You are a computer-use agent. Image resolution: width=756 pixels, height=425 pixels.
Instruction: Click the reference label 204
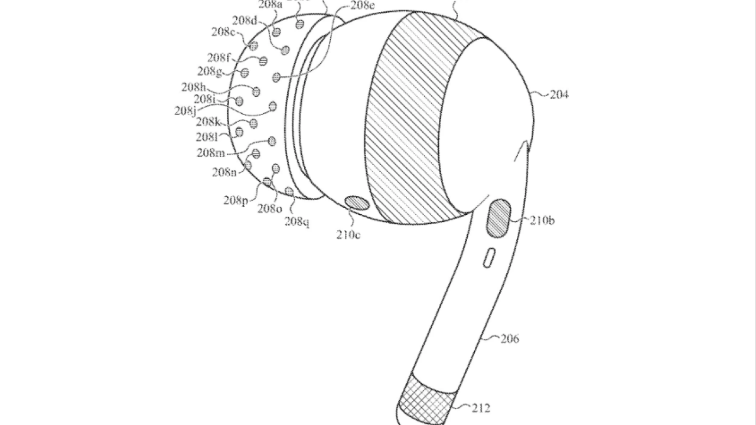click(559, 94)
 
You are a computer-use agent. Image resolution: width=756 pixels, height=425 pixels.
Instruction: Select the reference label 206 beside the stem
click(509, 339)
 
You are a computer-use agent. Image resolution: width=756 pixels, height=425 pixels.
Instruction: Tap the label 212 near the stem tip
click(481, 408)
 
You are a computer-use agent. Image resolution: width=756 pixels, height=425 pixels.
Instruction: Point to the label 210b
click(542, 221)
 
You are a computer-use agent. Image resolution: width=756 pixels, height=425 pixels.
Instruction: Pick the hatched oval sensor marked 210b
click(500, 217)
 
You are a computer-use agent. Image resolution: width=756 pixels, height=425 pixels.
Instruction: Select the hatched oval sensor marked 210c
click(357, 203)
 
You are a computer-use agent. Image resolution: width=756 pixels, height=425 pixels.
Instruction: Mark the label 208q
click(296, 221)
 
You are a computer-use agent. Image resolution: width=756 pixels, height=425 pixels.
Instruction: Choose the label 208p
click(235, 200)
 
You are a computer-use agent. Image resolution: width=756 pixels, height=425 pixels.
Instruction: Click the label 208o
click(269, 208)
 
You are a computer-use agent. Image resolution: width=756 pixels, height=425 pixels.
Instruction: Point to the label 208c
click(223, 32)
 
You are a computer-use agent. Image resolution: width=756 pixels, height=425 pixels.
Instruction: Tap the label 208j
click(185, 110)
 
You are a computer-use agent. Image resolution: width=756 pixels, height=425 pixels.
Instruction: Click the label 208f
click(218, 58)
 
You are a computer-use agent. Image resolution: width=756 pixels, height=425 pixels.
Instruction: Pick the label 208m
click(211, 153)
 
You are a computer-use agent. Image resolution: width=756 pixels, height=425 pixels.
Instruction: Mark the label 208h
click(193, 87)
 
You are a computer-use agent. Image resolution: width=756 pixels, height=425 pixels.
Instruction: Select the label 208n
click(224, 172)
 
